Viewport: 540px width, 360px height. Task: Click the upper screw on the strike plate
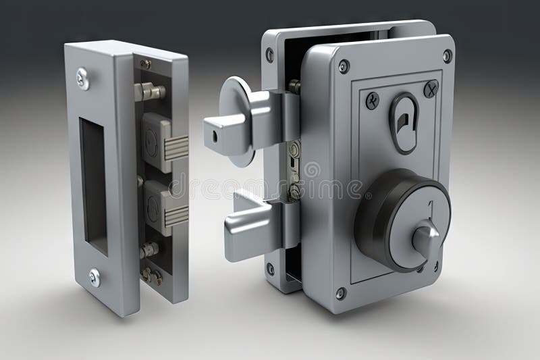[83, 78]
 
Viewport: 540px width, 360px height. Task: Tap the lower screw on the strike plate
[94, 276]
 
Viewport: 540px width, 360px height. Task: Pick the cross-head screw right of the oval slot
[431, 88]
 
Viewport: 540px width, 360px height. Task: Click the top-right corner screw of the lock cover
[447, 55]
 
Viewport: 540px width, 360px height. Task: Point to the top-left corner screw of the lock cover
[344, 66]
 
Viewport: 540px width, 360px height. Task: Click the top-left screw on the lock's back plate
[270, 55]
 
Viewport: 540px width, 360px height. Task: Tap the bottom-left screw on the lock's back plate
[270, 268]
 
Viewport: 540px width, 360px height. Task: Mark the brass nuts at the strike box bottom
[151, 274]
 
